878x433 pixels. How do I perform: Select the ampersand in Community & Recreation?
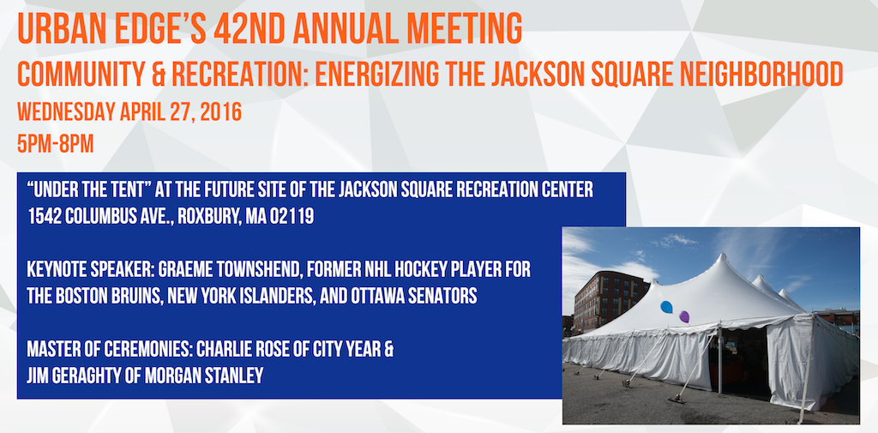159,75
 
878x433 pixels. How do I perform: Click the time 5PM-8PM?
56,145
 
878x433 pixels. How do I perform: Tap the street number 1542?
45,217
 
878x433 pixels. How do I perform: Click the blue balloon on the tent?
666,307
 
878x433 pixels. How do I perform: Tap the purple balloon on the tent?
684,316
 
